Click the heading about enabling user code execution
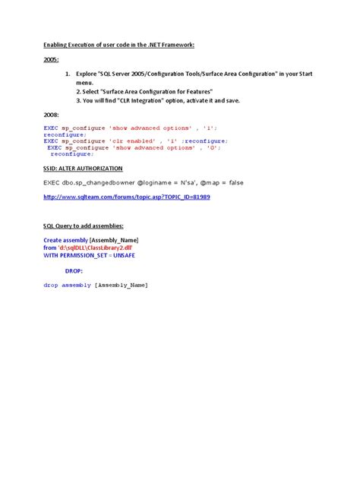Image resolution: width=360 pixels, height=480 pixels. pos(118,46)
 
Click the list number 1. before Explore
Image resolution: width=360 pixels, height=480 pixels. pos(68,74)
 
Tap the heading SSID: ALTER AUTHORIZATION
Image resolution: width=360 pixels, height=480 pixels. pos(83,168)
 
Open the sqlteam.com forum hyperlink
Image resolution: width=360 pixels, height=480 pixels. pos(127,197)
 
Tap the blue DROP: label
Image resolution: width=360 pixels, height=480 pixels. pos(74,270)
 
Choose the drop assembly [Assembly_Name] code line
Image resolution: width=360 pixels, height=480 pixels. pos(96,285)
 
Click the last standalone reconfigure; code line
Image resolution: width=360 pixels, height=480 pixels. pos(72,154)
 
